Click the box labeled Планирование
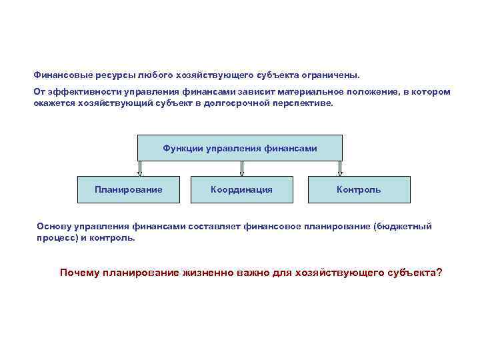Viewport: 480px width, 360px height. (128, 189)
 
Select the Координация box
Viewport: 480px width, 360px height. (241, 189)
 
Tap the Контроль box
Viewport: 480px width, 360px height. (359, 189)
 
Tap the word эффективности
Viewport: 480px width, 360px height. (79, 91)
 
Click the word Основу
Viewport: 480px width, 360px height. (53, 227)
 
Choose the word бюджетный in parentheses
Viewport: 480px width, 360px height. (403, 227)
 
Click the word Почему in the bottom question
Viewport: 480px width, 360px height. (79, 273)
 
